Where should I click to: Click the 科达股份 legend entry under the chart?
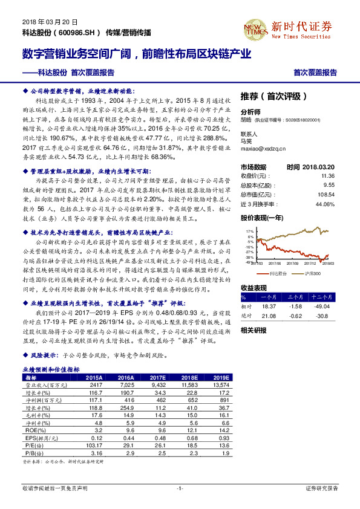276,274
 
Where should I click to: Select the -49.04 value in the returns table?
324,306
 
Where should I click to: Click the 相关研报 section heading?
253,330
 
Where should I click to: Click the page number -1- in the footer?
180,487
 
